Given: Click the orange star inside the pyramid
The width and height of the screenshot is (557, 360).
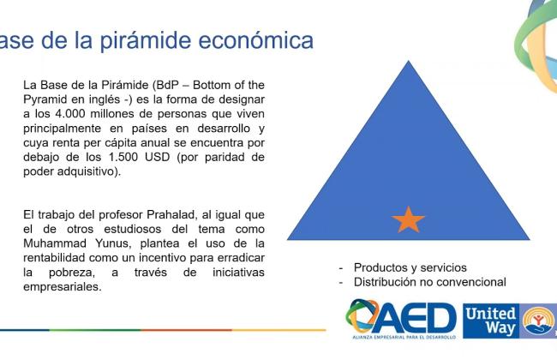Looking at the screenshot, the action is click(x=408, y=220).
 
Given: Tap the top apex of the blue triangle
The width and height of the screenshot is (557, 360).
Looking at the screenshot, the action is click(x=409, y=61).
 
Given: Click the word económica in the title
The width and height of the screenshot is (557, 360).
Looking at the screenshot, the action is click(x=255, y=39).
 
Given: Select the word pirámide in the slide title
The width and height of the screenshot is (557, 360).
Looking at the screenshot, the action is click(x=146, y=41).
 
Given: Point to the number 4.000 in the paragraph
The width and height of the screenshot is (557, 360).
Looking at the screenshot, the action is click(x=70, y=114).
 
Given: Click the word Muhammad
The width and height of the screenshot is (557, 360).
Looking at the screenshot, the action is click(x=55, y=243).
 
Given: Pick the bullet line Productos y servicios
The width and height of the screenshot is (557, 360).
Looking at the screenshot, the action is click(x=410, y=267).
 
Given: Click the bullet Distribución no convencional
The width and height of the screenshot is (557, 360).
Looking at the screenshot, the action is click(x=430, y=282).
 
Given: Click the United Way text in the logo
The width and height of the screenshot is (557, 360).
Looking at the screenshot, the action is click(x=491, y=321).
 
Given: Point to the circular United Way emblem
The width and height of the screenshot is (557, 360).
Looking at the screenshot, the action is click(x=539, y=321).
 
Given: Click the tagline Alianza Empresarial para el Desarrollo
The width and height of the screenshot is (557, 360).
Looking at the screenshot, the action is click(x=404, y=337).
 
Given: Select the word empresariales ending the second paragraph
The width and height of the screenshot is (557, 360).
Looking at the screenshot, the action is click(x=63, y=287).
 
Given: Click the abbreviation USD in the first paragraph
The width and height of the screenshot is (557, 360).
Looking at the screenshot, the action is click(x=158, y=157).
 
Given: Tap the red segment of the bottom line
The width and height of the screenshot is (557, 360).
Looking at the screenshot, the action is click(x=187, y=330).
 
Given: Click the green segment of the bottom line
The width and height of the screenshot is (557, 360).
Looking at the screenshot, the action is click(x=95, y=330).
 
